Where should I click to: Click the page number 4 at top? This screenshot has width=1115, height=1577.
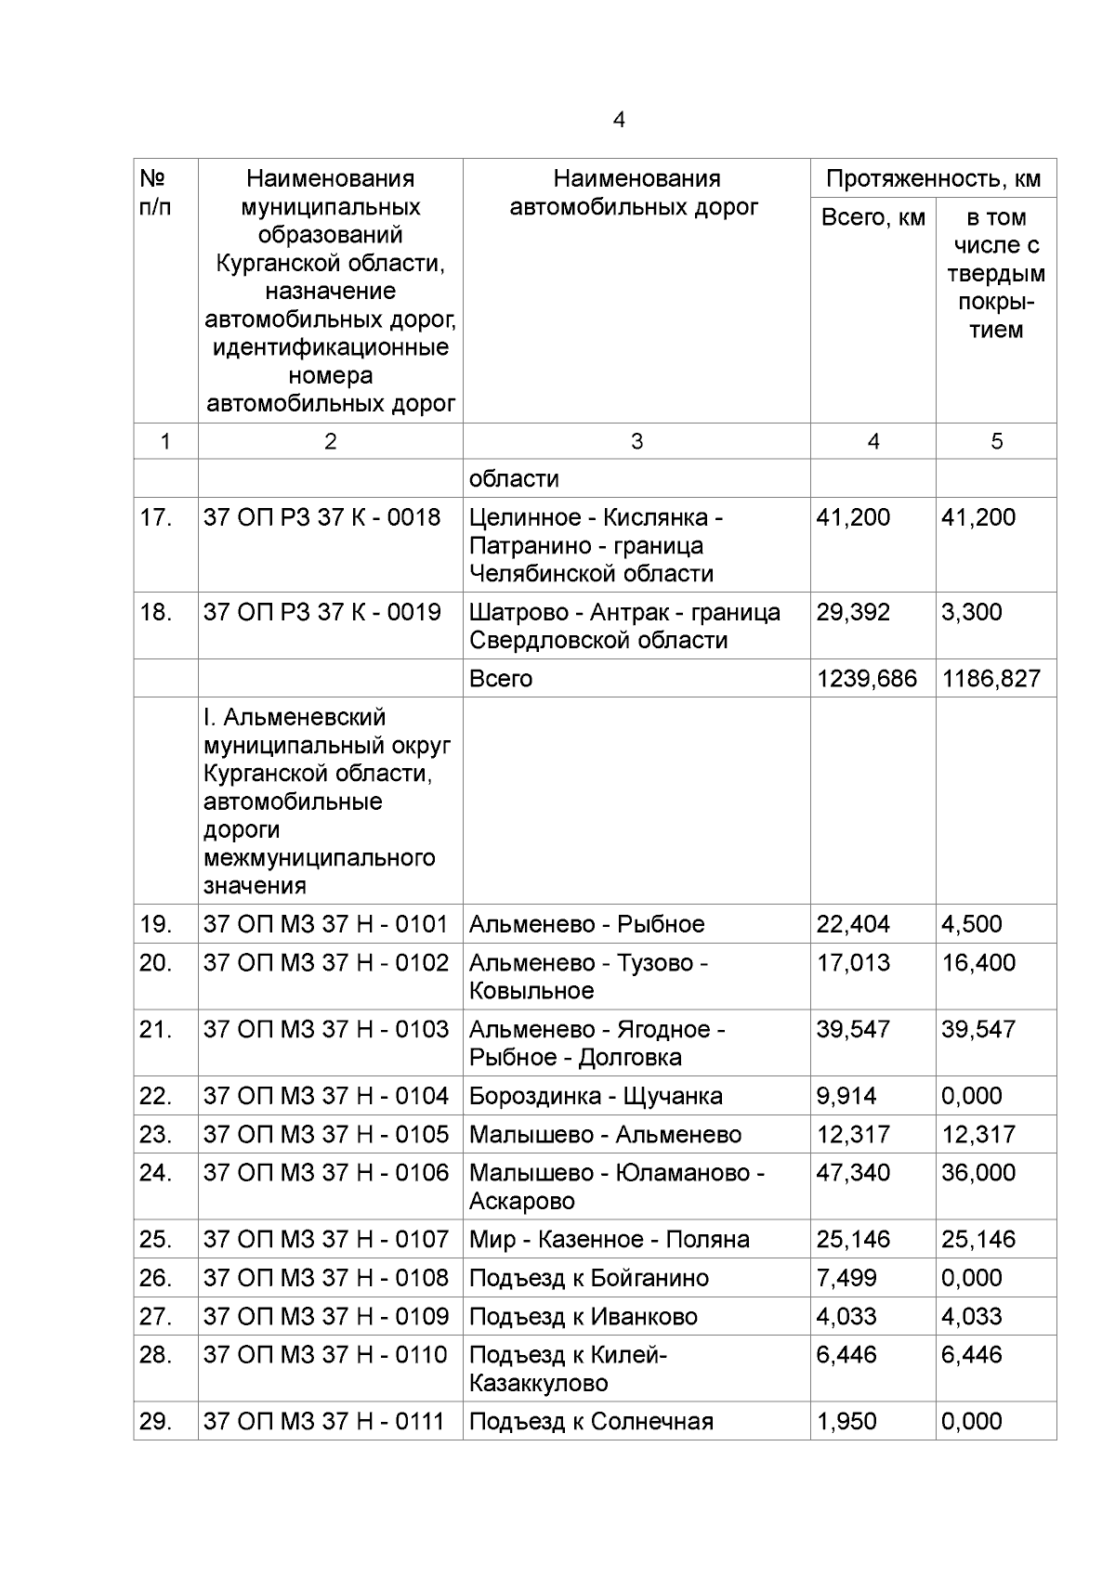[x=619, y=120]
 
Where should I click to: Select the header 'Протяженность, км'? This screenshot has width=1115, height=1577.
[x=933, y=178]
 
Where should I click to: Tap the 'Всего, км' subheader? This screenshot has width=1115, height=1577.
[x=872, y=217]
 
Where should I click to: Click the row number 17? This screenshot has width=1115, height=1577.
[x=156, y=517]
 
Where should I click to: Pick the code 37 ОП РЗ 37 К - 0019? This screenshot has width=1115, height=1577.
[x=321, y=612]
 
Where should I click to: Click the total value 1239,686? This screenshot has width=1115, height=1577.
[x=866, y=679]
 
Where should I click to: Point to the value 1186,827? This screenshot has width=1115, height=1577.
[x=991, y=679]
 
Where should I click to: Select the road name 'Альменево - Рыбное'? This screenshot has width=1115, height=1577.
[x=586, y=924]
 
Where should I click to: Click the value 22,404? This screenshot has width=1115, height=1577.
[x=852, y=924]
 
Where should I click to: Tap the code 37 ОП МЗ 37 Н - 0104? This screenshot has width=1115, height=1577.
[x=325, y=1096]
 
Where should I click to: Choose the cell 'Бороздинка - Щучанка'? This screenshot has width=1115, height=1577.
[x=596, y=1096]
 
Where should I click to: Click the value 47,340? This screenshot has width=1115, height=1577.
[x=852, y=1173]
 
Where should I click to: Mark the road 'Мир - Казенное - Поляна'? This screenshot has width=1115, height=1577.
[x=609, y=1239]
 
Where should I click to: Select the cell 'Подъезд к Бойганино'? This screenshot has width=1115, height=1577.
[x=588, y=1278]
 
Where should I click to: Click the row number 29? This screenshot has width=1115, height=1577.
[x=156, y=1421]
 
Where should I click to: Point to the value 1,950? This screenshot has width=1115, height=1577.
[x=846, y=1421]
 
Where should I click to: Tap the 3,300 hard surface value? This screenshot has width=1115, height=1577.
[x=971, y=612]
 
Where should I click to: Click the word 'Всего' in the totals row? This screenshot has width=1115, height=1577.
[x=500, y=679]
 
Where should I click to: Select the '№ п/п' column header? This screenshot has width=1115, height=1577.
[x=155, y=192]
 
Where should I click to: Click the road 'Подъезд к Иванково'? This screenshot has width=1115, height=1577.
[x=583, y=1316]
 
